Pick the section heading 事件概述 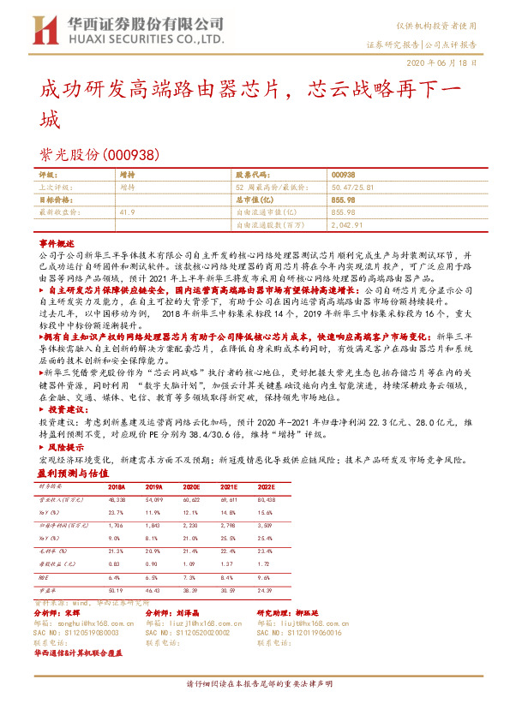click(x=58, y=243)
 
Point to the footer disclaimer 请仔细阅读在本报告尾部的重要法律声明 click(x=254, y=685)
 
